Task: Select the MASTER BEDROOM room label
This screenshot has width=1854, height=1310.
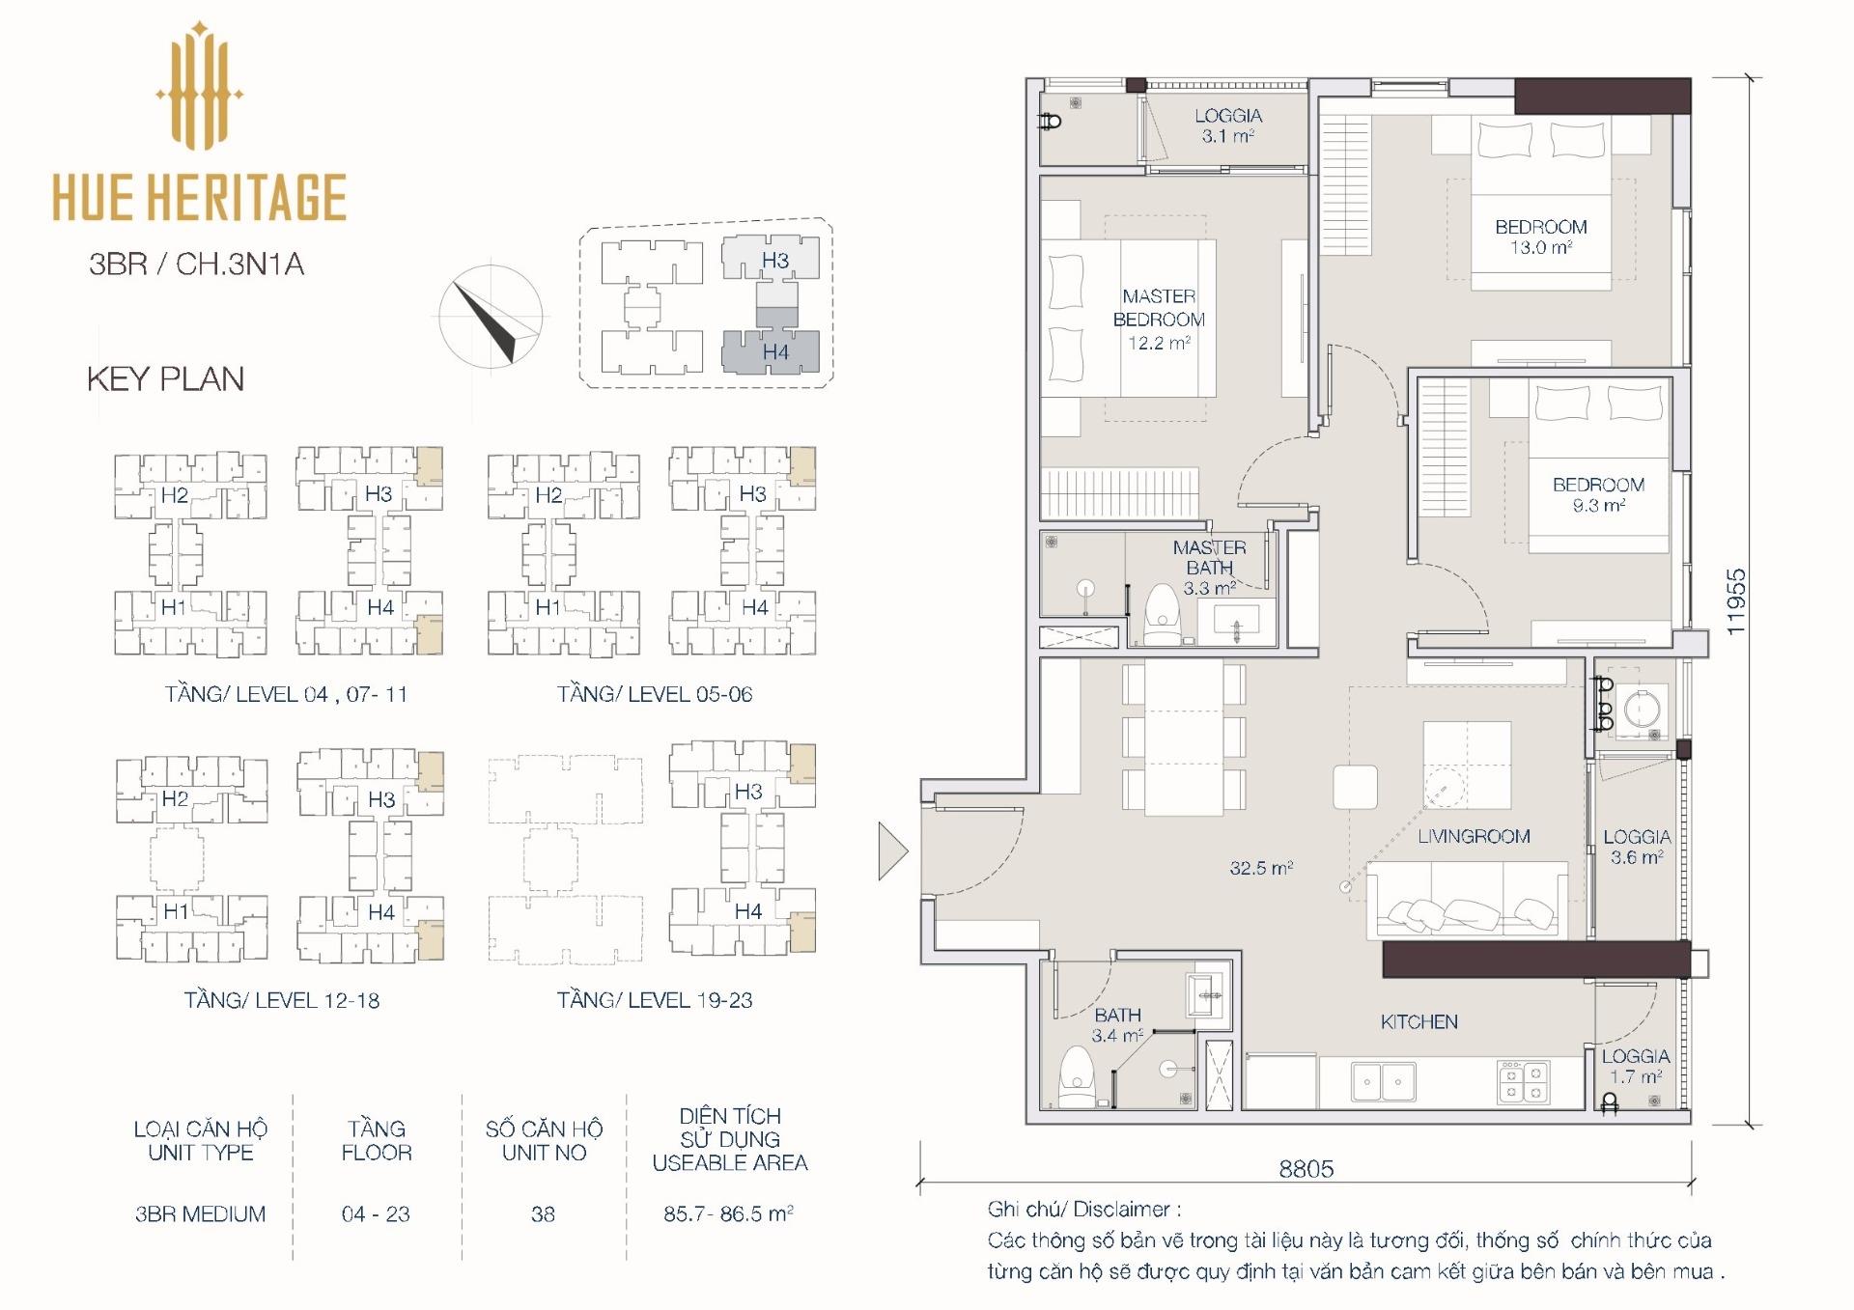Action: pos(1159,308)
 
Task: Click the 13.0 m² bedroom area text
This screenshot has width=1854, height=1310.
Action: pos(1541,248)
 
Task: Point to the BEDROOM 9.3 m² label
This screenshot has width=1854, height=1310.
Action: pos(1598,494)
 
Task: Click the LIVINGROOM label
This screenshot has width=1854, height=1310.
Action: pos(1474,837)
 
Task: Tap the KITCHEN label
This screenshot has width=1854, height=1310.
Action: pos(1419,1022)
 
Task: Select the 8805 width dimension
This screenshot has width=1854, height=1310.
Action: pos(1306,1169)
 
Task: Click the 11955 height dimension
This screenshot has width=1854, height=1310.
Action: pos(1736,601)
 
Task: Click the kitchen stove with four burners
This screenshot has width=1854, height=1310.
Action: pos(1524,1081)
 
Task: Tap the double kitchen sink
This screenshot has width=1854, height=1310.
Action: pos(1383,1082)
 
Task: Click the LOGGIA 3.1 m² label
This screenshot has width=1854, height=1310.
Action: pos(1228,125)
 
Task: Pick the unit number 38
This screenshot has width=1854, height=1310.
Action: pos(543,1214)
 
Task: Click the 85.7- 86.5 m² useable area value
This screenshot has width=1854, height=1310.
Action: pos(728,1214)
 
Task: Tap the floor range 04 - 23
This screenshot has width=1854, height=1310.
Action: pos(376,1214)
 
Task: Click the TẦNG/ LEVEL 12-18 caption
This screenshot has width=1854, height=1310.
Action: pos(282,1000)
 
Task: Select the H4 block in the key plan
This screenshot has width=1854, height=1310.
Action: pos(771,351)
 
